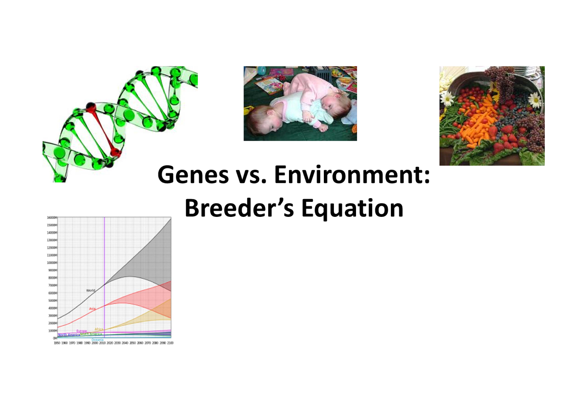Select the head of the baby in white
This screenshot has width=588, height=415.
(259, 120)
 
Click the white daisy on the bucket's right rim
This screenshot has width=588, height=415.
(534, 100)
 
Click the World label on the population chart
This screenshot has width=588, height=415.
(91, 290)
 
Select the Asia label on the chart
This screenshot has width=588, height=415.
(92, 309)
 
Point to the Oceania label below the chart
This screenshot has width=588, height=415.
(97, 339)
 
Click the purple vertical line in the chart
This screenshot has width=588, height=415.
(105, 275)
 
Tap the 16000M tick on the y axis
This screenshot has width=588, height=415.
(51, 217)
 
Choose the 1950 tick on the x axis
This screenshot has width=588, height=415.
(57, 343)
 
